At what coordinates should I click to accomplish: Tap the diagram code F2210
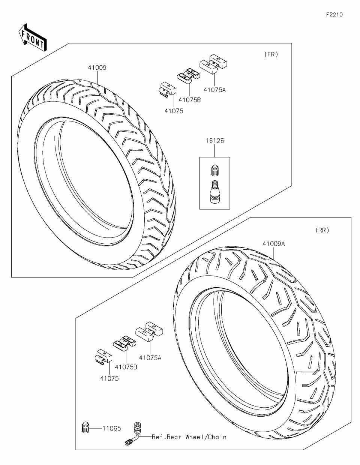[x=334, y=15]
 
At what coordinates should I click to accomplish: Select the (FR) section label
[x=271, y=54]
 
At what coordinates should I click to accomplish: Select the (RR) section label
[x=322, y=230]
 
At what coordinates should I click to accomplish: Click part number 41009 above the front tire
[x=97, y=68]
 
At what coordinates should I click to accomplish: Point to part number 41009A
[x=274, y=244]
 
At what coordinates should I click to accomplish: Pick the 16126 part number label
[x=214, y=141]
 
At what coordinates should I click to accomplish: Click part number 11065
[x=112, y=428]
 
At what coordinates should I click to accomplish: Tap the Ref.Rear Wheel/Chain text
[x=189, y=437]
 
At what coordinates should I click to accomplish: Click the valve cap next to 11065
[x=86, y=427]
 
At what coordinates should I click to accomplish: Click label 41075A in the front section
[x=214, y=90]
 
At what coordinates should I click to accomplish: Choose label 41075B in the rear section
[x=126, y=367]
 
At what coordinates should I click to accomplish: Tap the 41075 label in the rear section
[x=109, y=379]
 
